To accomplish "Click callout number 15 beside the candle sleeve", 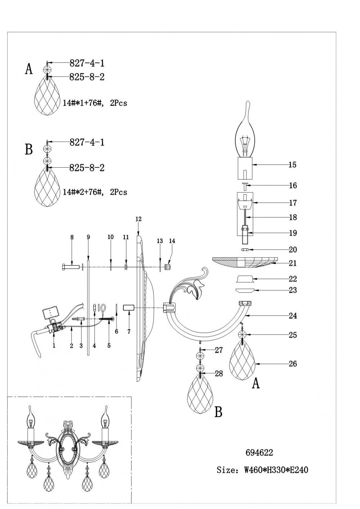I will coord(292,165).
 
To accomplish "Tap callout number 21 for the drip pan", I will coord(293,263).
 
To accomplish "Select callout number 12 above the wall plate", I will coord(139,219).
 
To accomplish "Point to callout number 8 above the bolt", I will coord(72,237).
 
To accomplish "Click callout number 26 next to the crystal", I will coord(293,364).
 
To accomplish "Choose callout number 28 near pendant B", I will coord(219,374).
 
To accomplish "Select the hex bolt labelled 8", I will coord(71,267).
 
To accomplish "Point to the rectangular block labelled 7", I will coord(129,308).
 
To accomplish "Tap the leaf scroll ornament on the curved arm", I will coord(193,284).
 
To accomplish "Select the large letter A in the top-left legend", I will coord(29,69).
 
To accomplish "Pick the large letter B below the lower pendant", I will coord(219,412).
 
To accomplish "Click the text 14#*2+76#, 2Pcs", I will coord(95,192).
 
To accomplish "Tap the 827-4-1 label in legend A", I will coord(87,63).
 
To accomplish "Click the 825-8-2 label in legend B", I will coord(87,168).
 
